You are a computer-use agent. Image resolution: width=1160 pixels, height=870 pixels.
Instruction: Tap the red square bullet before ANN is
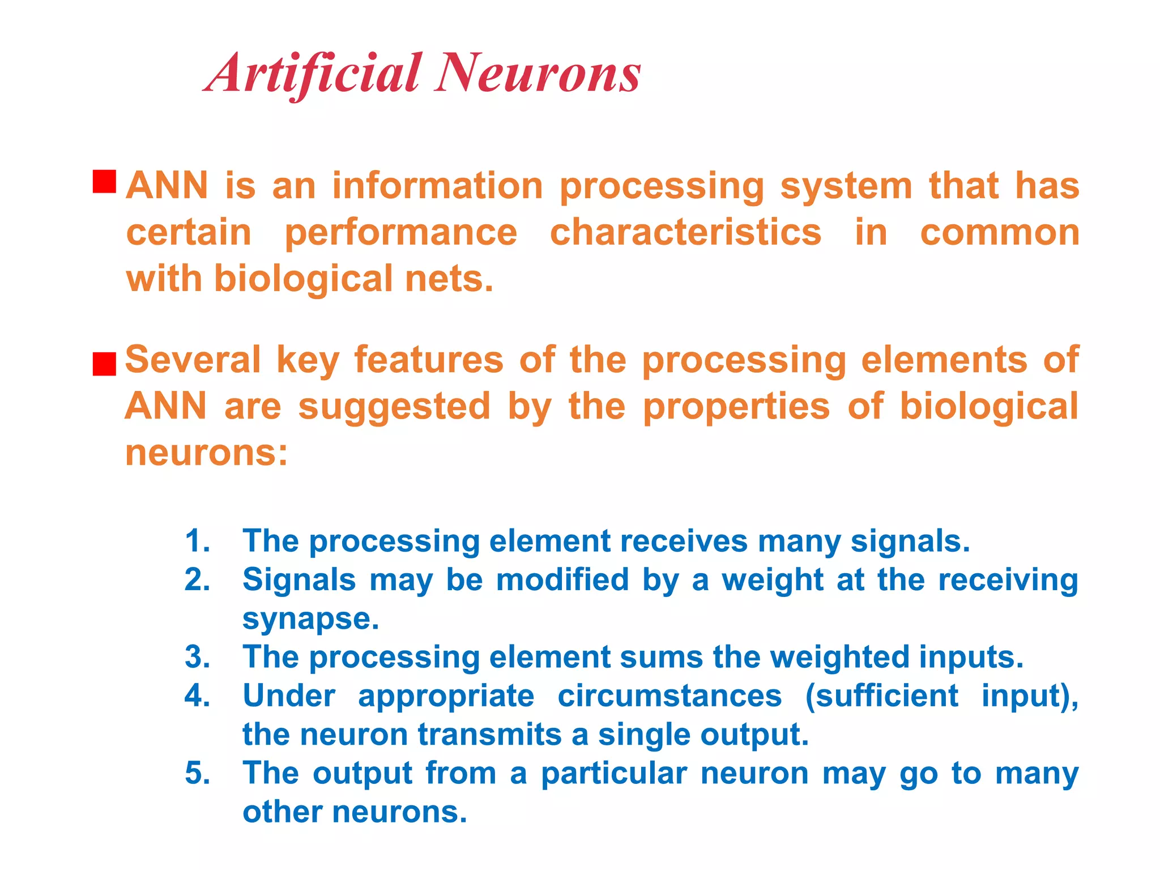click(104, 182)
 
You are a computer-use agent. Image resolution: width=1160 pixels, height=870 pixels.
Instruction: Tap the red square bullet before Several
click(104, 364)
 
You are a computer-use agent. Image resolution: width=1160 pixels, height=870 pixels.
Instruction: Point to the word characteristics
click(685, 232)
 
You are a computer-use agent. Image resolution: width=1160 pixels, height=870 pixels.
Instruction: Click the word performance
click(401, 233)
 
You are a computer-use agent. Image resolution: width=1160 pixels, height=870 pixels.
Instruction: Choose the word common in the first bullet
click(1000, 232)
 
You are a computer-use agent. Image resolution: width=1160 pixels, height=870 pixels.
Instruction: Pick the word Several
click(193, 360)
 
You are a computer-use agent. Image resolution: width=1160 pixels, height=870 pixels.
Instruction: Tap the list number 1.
click(197, 541)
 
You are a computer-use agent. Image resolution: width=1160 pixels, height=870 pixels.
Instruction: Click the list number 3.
click(197, 657)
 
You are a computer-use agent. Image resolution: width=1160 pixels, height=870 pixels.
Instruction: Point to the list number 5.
click(197, 773)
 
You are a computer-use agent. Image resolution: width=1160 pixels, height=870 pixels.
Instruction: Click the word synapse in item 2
click(310, 619)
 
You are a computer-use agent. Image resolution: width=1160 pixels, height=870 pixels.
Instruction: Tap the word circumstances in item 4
click(669, 696)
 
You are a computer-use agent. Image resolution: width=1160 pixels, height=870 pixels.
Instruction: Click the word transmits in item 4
click(489, 735)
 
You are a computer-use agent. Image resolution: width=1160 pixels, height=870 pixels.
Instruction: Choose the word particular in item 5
click(614, 774)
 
